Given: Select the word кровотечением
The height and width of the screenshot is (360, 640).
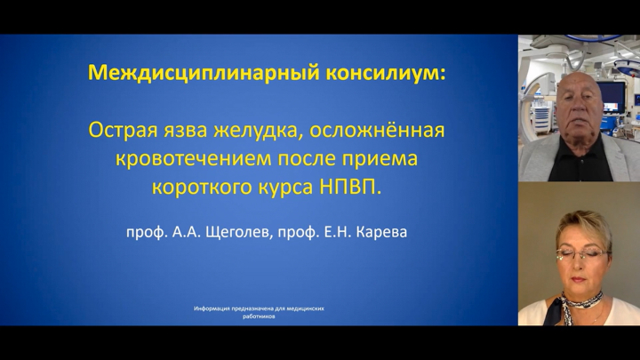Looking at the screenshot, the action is (x=193, y=159).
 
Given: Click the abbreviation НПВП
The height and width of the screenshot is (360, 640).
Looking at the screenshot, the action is (x=350, y=187).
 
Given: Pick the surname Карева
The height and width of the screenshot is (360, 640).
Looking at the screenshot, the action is (x=381, y=232).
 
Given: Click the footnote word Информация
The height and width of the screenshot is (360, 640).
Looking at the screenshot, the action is (x=212, y=308).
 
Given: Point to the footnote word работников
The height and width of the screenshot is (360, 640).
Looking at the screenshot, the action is (x=259, y=316).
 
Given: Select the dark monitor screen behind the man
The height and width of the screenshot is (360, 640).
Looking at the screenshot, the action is (x=611, y=97).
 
